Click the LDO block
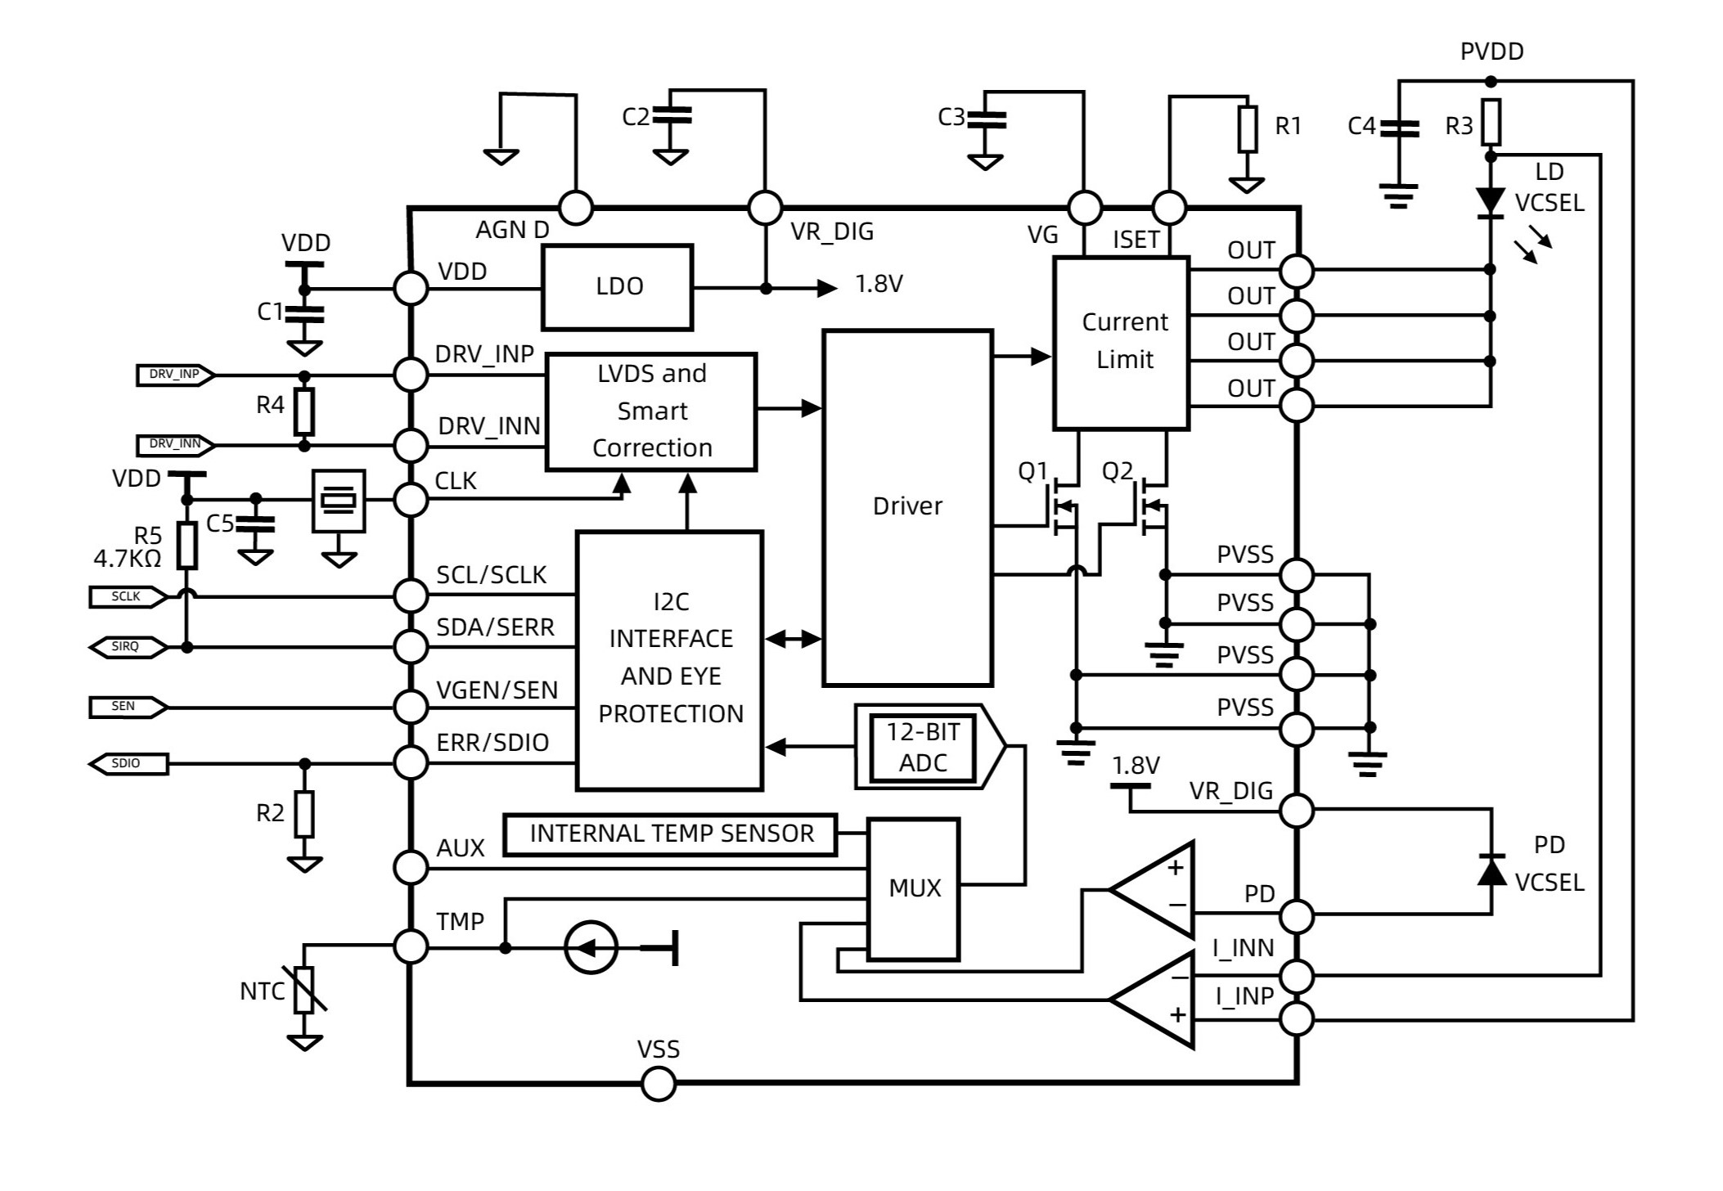click(618, 287)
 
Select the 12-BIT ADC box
click(923, 747)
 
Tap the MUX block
click(913, 888)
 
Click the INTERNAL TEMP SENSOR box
click(670, 834)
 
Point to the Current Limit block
click(1121, 343)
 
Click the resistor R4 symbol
click(304, 411)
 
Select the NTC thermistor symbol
click(304, 990)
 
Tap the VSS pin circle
click(659, 1084)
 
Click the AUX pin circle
click(411, 867)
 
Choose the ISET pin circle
click(1169, 208)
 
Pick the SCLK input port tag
click(128, 597)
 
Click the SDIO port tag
click(128, 764)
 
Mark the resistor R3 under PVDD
click(1491, 123)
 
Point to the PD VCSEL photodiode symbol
click(1491, 870)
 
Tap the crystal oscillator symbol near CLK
click(339, 500)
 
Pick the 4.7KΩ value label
click(127, 559)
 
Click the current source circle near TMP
click(591, 948)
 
